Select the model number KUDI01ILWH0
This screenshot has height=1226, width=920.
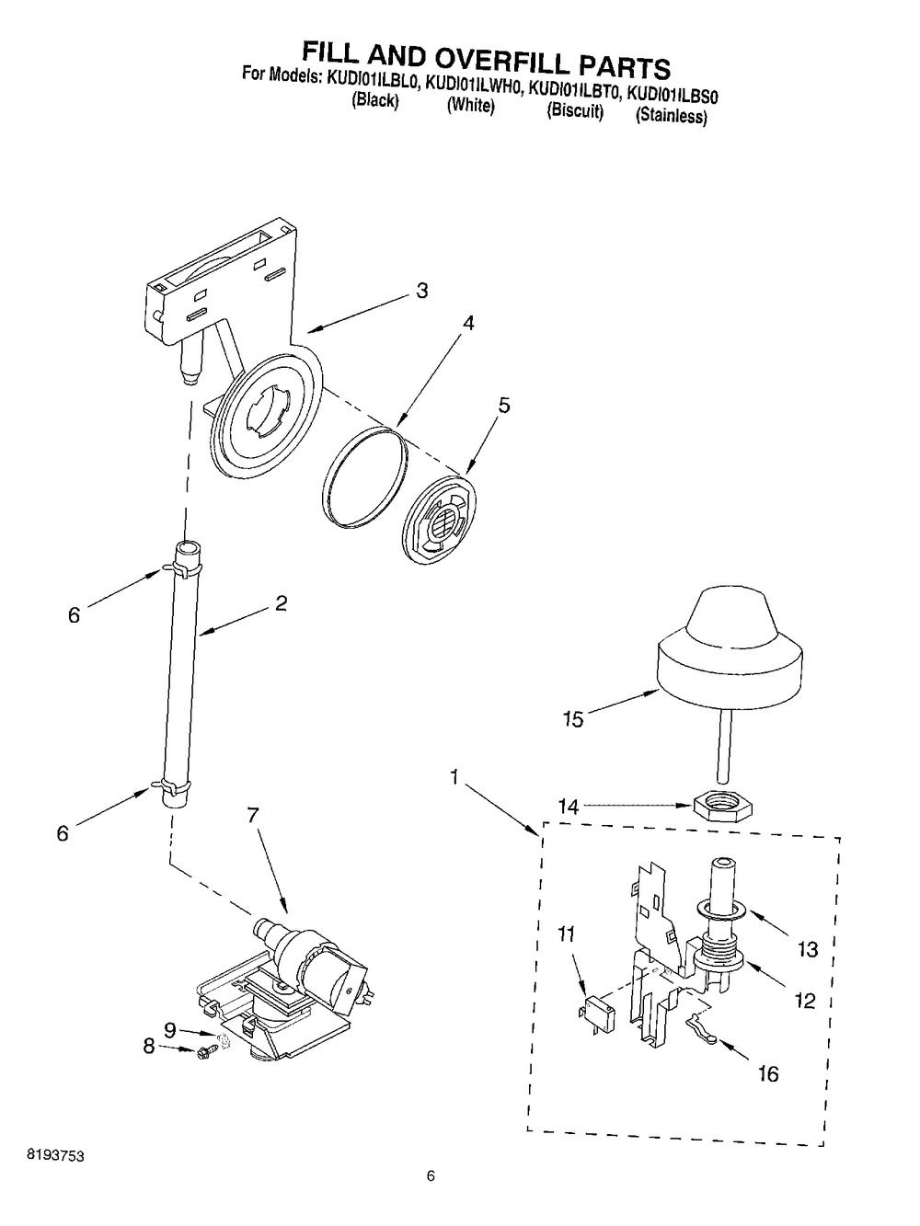(474, 86)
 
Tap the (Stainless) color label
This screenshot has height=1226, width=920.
(672, 116)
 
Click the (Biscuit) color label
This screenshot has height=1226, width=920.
(575, 110)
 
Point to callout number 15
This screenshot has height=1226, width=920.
(574, 719)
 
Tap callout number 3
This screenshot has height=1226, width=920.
(422, 291)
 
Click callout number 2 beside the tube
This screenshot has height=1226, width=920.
(281, 603)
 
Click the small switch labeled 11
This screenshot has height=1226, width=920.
(598, 1011)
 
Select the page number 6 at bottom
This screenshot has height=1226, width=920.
(431, 1203)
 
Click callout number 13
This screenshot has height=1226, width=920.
(807, 949)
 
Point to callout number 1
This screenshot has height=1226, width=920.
(454, 776)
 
